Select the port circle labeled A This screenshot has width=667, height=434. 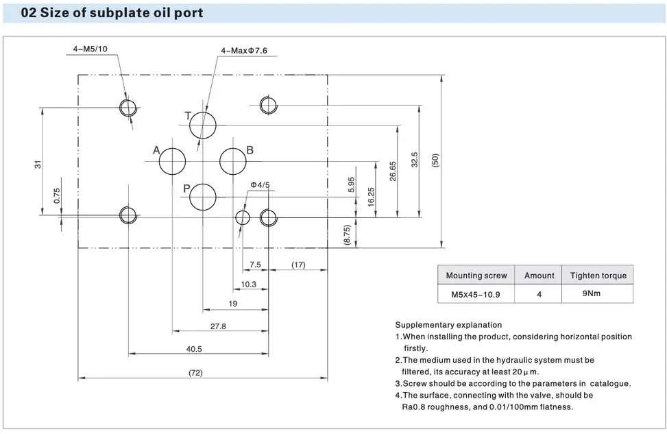click(x=172, y=161)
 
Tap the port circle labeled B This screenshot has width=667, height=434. click(x=232, y=161)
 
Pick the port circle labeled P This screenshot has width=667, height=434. click(x=203, y=197)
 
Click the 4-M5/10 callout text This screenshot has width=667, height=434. click(x=90, y=49)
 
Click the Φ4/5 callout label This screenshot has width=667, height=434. click(x=260, y=184)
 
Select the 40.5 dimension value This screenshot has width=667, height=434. click(x=194, y=348)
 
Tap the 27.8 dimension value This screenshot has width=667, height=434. click(x=218, y=326)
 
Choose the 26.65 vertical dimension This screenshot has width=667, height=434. click(x=392, y=171)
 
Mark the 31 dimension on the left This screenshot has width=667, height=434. click(x=38, y=163)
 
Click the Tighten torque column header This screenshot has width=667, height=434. click(x=598, y=276)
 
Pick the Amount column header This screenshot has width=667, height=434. click(x=539, y=276)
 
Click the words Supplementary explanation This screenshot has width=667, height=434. click(x=448, y=325)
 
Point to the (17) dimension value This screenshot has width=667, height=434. click(x=298, y=264)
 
